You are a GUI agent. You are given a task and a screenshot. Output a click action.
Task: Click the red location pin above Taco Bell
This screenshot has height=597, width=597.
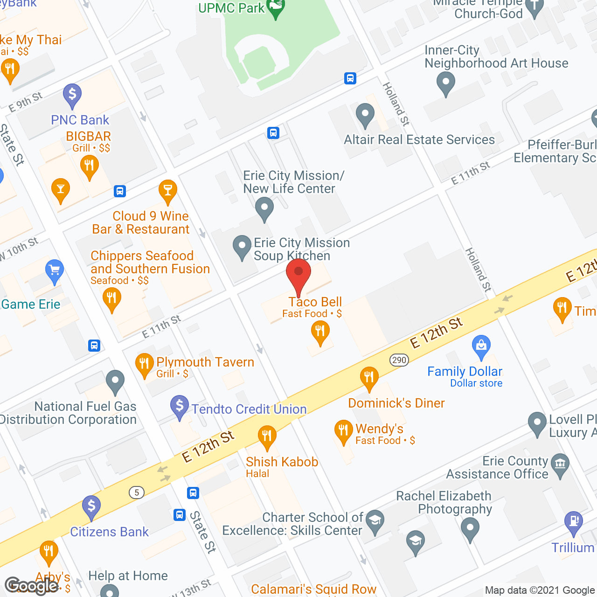pyautogui.click(x=298, y=275)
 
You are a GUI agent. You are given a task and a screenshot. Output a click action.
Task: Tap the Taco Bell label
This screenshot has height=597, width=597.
pyautogui.click(x=315, y=302)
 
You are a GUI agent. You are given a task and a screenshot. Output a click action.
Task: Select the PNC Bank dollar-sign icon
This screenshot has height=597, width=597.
pyautogui.click(x=72, y=95)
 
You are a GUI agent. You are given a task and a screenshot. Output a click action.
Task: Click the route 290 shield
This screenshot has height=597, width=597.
pyautogui.click(x=399, y=360)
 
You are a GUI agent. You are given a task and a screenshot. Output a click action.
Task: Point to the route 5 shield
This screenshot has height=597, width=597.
pyautogui.click(x=137, y=493)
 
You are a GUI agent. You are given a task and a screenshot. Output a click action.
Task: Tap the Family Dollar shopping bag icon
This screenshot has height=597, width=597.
pyautogui.click(x=481, y=346)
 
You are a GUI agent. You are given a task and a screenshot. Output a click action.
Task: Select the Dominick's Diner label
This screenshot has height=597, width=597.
pyautogui.click(x=396, y=403)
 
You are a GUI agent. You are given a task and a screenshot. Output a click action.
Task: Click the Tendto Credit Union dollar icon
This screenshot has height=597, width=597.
pyautogui.click(x=180, y=406)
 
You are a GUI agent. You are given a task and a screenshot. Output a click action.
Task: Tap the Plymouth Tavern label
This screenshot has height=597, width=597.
pyautogui.click(x=205, y=362)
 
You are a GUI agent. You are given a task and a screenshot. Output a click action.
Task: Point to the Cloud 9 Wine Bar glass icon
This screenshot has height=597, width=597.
pyautogui.click(x=167, y=191)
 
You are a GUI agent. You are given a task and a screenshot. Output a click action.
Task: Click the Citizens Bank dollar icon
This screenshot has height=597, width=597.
pyautogui.click(x=91, y=507)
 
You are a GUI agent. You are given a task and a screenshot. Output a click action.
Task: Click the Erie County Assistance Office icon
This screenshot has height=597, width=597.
pyautogui.click(x=560, y=465)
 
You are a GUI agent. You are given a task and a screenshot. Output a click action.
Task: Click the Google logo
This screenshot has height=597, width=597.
pyautogui.click(x=31, y=586)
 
